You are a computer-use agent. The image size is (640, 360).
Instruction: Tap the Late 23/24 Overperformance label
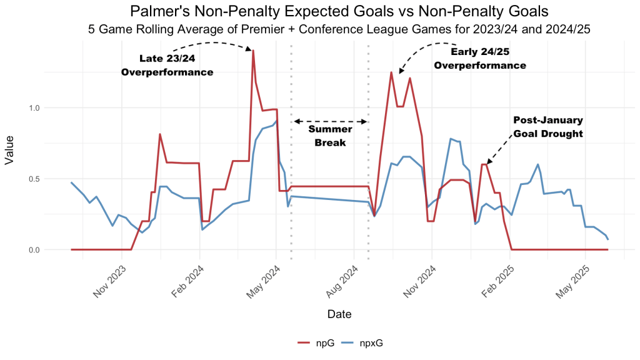point(167,66)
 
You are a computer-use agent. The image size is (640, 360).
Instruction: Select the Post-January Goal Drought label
point(547,126)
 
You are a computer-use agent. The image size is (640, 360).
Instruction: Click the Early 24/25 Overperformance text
point(479,58)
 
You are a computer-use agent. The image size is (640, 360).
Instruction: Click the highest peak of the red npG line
point(253,51)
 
